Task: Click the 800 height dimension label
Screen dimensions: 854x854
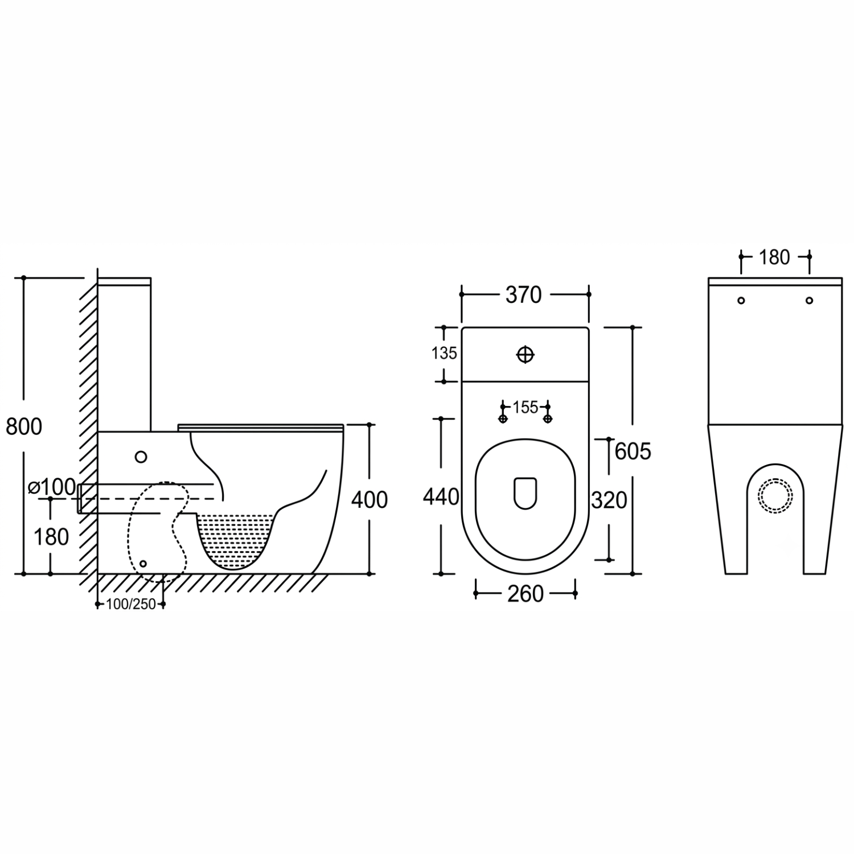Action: (x=24, y=426)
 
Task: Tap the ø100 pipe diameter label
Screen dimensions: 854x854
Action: (x=52, y=487)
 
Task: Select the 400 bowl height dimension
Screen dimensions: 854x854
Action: (x=369, y=500)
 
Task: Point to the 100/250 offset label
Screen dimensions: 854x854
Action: (x=131, y=604)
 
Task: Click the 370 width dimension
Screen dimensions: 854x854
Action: (x=523, y=295)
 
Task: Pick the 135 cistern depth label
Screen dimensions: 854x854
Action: (x=444, y=354)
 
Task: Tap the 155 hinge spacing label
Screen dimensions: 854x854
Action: (x=525, y=408)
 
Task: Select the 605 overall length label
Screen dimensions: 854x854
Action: (x=633, y=451)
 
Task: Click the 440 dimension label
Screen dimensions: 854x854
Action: (x=441, y=497)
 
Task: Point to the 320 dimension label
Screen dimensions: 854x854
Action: (x=609, y=500)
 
